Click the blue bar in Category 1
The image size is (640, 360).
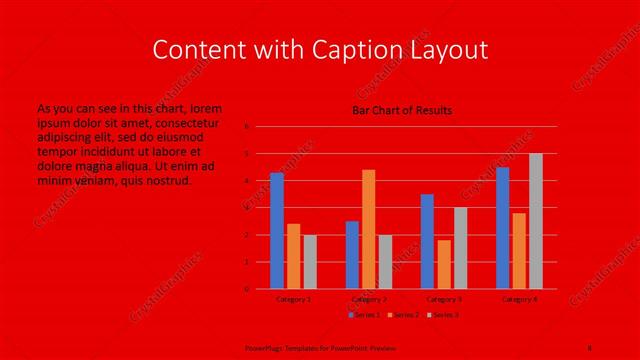coord(277,231)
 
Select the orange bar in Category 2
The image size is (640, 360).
coord(369,229)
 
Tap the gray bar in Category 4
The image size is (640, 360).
coord(536,221)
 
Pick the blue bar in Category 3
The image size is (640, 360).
coord(427,241)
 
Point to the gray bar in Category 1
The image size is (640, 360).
coord(310,262)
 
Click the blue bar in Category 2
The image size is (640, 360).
coord(352,255)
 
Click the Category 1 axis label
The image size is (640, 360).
coord(293,298)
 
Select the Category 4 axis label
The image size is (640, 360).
coord(519,298)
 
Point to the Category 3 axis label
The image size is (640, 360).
coord(444,298)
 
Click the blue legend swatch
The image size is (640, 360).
coord(350,315)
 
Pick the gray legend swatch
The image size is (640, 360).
coord(430,315)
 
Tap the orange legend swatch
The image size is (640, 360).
coord(390,315)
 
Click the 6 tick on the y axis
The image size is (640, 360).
coord(247,127)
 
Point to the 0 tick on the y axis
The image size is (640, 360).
coord(247,289)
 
